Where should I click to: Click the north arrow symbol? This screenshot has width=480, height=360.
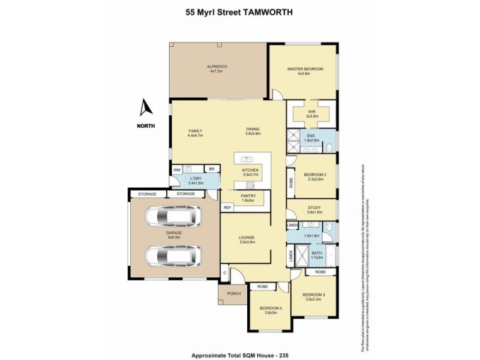click(x=145, y=108)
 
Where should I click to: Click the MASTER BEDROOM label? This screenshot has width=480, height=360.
click(x=305, y=69)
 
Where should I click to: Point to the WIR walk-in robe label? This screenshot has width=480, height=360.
click(x=311, y=110)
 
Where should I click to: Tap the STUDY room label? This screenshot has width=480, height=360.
click(x=315, y=208)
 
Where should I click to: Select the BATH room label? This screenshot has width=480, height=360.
click(x=316, y=253)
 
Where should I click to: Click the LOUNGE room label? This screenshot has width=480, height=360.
click(x=247, y=238)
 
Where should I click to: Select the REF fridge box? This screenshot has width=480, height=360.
click(x=227, y=208)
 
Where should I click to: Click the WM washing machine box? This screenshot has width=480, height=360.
click(x=177, y=170)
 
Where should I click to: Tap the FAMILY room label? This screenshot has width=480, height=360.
click(x=196, y=131)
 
